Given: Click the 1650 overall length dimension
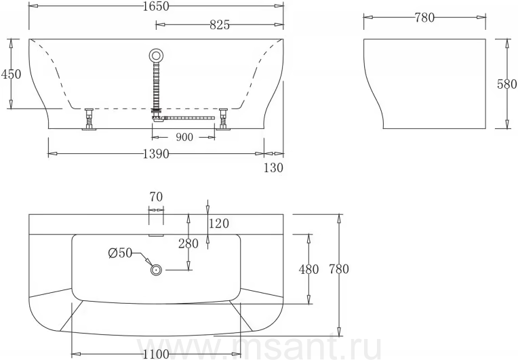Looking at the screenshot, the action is [x=156, y=6].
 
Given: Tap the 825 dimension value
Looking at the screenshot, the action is [x=220, y=25].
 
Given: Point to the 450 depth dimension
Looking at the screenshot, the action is [x=11, y=74].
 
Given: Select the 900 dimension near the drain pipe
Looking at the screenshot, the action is [x=184, y=137].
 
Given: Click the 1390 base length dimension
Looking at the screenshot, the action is [x=156, y=154].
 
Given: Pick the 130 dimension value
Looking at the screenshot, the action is [x=273, y=167].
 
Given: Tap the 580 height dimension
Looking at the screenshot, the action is [x=507, y=84].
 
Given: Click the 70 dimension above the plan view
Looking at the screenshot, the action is [x=156, y=197].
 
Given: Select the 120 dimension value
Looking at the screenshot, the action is [x=219, y=224].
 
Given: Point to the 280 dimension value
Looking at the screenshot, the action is [x=188, y=244].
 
